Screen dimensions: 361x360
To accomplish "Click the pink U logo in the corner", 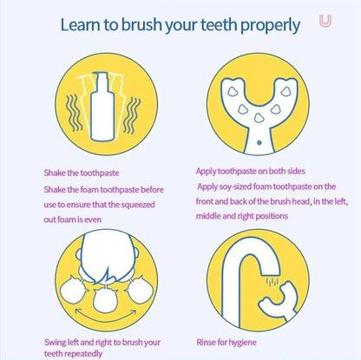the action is pyautogui.click(x=325, y=21).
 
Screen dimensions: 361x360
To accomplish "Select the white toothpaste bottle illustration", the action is pyautogui.click(x=102, y=107).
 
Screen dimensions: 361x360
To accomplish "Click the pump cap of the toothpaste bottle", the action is pyautogui.click(x=102, y=78).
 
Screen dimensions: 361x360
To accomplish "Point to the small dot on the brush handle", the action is pyautogui.click(x=259, y=142).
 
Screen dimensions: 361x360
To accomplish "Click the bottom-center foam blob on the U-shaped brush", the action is pyautogui.click(x=259, y=117).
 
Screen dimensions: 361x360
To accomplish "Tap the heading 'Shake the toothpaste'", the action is pyautogui.click(x=82, y=173).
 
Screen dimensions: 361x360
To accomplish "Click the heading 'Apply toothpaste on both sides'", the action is pyautogui.click(x=251, y=171).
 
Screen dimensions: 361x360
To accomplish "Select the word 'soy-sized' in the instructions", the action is pyautogui.click(x=235, y=187).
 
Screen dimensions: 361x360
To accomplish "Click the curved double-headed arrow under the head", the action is pyautogui.click(x=106, y=316).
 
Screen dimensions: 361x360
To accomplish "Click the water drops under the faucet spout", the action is pyautogui.click(x=272, y=282).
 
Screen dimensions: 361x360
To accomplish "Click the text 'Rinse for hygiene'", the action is pyautogui.click(x=226, y=343).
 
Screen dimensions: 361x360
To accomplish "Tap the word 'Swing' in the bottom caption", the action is pyautogui.click(x=55, y=343).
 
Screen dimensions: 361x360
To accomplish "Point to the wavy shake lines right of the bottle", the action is pyautogui.click(x=132, y=115).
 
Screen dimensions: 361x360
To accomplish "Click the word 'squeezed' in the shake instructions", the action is pyautogui.click(x=138, y=205).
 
